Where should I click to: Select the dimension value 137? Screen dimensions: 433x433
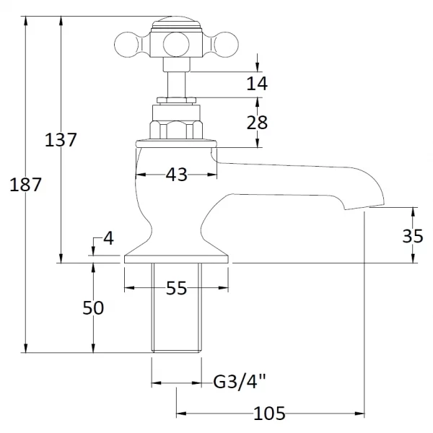click(x=61, y=139)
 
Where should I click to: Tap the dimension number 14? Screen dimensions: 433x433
click(x=256, y=83)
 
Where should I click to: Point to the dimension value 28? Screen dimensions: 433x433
click(x=256, y=123)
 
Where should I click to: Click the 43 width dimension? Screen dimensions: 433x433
click(x=177, y=175)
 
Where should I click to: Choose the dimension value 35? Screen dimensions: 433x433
click(x=414, y=236)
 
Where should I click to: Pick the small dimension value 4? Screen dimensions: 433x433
click(x=108, y=238)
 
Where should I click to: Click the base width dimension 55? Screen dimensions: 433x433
click(x=177, y=289)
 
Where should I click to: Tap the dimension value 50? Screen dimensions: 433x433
click(x=93, y=308)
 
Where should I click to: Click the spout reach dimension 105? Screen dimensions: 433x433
click(x=269, y=414)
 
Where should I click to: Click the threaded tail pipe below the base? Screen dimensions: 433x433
click(x=177, y=308)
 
